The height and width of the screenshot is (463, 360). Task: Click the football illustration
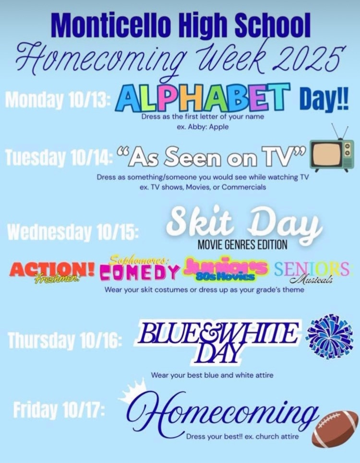pos(335,428)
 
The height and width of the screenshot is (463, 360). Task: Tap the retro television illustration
pos(332,154)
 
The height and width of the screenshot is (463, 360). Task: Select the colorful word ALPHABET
pos(203,97)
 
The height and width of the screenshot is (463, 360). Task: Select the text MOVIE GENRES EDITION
pos(242,245)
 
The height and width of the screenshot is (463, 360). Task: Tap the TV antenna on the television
pos(339,131)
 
